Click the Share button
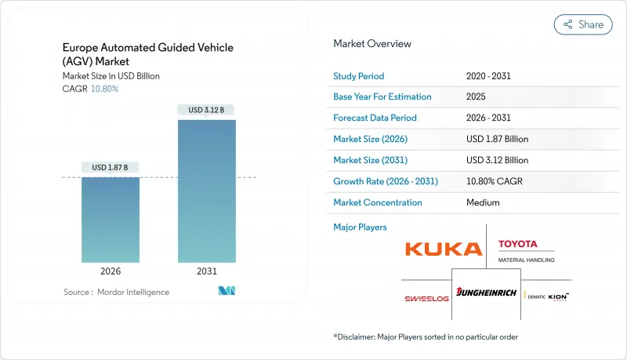tap(583, 24)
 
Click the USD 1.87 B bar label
tap(111, 167)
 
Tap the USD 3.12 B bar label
tap(208, 109)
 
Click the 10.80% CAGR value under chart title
tap(106, 89)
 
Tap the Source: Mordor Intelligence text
tap(116, 292)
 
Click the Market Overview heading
tap(372, 43)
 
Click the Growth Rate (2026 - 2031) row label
tap(386, 181)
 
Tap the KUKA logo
tap(443, 249)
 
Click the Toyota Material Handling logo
tap(526, 251)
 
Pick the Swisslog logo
tap(426, 298)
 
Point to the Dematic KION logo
tap(548, 296)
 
